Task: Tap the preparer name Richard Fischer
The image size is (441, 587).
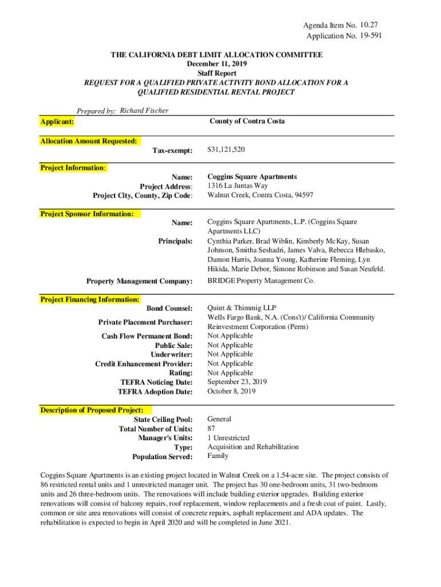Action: tap(144, 110)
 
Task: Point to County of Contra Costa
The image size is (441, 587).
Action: tap(247, 121)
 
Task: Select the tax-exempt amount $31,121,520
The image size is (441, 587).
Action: tap(226, 150)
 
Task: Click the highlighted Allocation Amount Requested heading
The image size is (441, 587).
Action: tap(89, 141)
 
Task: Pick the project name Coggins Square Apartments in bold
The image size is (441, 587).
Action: tap(252, 177)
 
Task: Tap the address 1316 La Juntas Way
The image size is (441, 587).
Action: tap(238, 186)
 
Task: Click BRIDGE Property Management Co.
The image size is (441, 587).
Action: tap(261, 281)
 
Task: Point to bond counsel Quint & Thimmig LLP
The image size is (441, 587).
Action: tap(234, 308)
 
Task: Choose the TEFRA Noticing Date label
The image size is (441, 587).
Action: tap(156, 382)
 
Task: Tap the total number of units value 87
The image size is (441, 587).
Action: tap(211, 429)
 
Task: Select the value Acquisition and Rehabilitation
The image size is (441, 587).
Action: tap(253, 447)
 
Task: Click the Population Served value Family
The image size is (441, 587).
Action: tap(218, 456)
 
